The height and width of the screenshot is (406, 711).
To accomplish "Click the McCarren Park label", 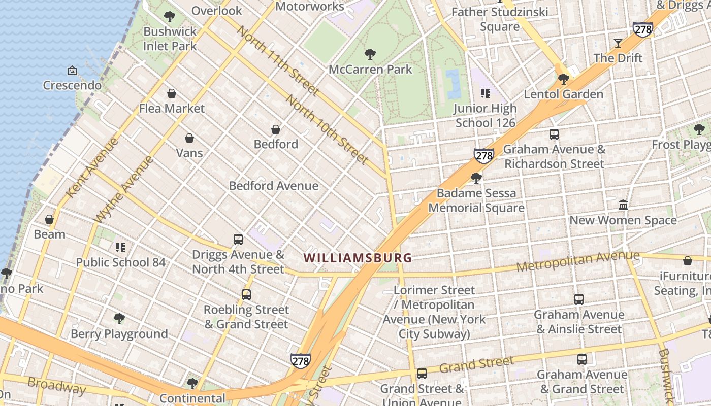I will tap(370, 69).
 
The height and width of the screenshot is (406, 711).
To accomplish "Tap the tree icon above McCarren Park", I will tap(370, 54).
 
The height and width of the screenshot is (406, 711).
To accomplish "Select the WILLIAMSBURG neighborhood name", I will tap(358, 258).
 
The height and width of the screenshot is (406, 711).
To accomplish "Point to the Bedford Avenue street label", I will tap(274, 186).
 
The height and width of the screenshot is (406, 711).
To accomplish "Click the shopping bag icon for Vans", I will tap(189, 138).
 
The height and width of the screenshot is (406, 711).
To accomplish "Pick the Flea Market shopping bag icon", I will tap(172, 93).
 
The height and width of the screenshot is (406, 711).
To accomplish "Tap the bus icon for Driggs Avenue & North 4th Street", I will tap(238, 240).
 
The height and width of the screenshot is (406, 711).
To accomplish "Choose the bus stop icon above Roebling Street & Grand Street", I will tap(246, 294).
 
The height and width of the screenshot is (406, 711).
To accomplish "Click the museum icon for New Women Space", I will tap(623, 205).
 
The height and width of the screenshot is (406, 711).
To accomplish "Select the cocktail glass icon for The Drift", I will tap(618, 43).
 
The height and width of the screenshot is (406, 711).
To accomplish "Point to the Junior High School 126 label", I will tap(485, 116).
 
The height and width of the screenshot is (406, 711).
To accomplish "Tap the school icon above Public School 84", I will tap(120, 248).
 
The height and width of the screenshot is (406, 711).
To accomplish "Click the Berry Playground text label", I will tap(119, 334).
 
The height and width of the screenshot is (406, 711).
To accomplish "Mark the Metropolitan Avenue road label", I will tap(578, 262).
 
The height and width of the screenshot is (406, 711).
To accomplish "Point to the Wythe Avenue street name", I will tap(124, 189).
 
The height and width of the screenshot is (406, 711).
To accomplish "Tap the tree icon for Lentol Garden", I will tap(563, 79).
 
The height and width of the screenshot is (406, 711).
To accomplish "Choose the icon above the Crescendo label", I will tap(72, 71).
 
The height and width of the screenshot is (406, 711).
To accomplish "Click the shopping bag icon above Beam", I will tap(49, 219).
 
